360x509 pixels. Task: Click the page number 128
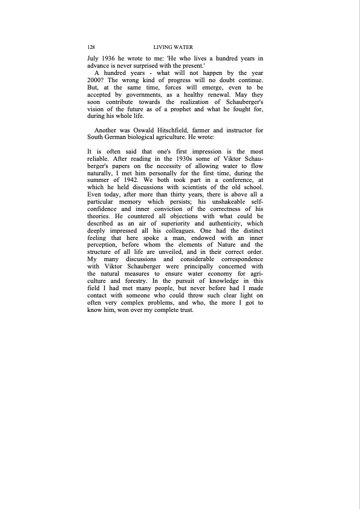(x=91, y=47)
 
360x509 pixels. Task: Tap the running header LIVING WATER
(x=175, y=47)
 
